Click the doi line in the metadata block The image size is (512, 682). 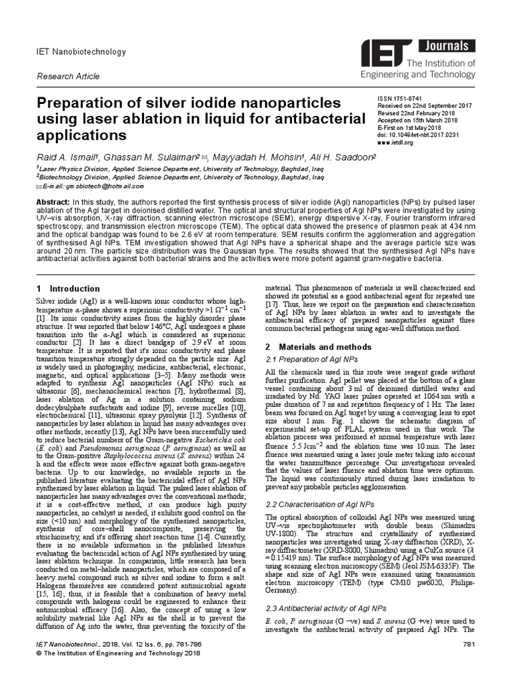(419, 135)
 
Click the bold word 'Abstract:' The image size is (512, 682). (52, 202)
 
